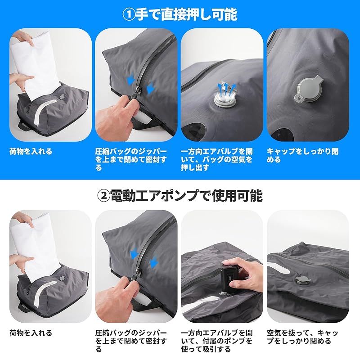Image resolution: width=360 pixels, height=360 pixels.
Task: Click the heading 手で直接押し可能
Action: (x=186, y=14)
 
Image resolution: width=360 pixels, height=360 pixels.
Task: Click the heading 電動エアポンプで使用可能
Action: (x=186, y=195)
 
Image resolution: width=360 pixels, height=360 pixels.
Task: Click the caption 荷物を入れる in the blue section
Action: (x=31, y=152)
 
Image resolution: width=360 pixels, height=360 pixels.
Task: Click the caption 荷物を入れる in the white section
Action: (x=31, y=333)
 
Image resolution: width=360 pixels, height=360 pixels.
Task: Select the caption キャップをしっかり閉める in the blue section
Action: (x=302, y=156)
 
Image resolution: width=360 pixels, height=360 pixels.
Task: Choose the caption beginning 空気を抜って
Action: (x=302, y=337)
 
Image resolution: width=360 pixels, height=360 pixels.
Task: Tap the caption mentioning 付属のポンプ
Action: (x=216, y=341)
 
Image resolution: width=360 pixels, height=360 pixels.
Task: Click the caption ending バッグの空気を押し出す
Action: (x=216, y=160)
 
